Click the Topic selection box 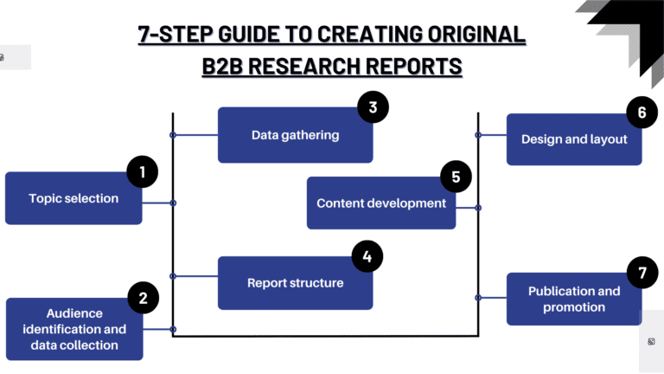coord(73,198)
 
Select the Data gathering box coord(295,135)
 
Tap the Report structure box coord(295,283)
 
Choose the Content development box coord(381,203)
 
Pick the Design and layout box coord(574,139)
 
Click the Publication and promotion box coord(574,299)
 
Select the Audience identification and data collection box coord(74,329)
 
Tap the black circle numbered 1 coord(143,171)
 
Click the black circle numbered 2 coord(144,298)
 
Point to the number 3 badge coord(373,106)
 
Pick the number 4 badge coord(367,256)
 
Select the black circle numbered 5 coord(456,177)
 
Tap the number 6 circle coord(642,112)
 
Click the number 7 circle coord(642,272)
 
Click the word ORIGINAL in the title coord(476,35)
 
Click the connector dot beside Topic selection coord(173,203)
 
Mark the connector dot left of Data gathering coord(173,135)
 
